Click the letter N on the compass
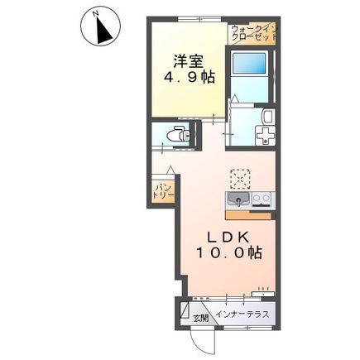click(96, 13)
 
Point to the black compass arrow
click(104, 31)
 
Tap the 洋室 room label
click(189, 61)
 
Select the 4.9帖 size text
click(190, 78)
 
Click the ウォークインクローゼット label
click(255, 33)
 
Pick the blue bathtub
click(249, 63)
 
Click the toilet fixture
click(179, 135)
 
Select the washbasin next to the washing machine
click(267, 116)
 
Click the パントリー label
click(163, 192)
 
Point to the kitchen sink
click(238, 199)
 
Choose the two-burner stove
click(262, 199)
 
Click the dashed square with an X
click(240, 179)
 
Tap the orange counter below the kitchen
click(248, 215)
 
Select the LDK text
click(228, 237)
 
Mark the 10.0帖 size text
click(229, 252)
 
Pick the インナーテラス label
click(242, 314)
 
